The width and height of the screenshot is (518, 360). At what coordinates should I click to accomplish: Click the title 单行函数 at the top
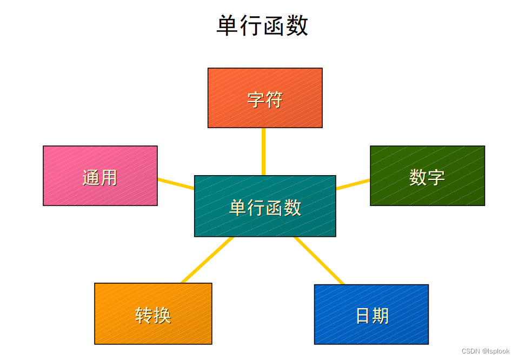pyautogui.click(x=262, y=25)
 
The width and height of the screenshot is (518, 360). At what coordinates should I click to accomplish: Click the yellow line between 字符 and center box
pyautogui.click(x=263, y=151)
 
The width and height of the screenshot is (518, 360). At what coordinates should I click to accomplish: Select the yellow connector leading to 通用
pyautogui.click(x=176, y=183)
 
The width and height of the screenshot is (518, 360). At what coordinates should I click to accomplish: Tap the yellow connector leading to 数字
pyautogui.click(x=353, y=184)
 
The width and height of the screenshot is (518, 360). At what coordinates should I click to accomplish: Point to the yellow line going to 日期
pyautogui.click(x=319, y=260)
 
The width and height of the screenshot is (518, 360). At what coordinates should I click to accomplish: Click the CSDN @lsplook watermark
pyautogui.click(x=486, y=351)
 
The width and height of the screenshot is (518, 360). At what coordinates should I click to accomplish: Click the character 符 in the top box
pyautogui.click(x=274, y=99)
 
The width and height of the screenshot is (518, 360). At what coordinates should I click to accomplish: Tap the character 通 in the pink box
pyautogui.click(x=91, y=177)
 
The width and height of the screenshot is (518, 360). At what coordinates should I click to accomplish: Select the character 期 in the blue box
pyautogui.click(x=381, y=316)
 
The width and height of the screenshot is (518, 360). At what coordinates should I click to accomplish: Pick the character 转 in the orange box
pyautogui.click(x=144, y=315)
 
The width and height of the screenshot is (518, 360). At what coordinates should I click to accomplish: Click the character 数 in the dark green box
pyautogui.click(x=418, y=177)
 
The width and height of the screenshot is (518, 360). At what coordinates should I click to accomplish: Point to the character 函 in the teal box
pyautogui.click(x=274, y=208)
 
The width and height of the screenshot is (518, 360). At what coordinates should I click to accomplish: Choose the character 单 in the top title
pyautogui.click(x=228, y=25)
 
